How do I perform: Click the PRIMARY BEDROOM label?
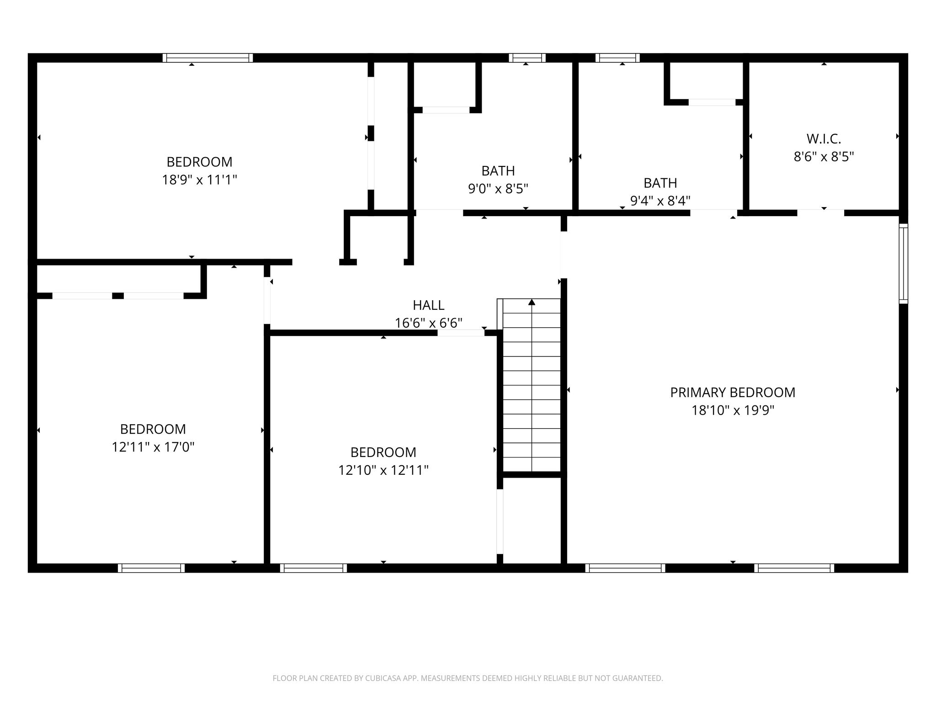733,393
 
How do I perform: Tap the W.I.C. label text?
824,138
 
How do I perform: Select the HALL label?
429,305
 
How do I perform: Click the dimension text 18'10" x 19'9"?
733,410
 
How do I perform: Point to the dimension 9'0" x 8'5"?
498,189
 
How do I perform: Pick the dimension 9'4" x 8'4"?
660,201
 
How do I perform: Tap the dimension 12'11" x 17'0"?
153,447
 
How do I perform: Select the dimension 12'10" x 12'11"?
383,470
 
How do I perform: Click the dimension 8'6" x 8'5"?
824,157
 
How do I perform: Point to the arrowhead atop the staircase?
532,302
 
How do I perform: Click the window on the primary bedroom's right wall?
904,264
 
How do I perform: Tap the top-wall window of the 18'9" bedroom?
207,58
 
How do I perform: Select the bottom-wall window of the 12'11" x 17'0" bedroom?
151,568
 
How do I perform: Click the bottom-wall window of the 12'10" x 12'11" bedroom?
314,568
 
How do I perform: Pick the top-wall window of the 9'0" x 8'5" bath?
527,58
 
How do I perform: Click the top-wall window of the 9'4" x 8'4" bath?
617,58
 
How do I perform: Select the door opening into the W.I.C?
821,213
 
